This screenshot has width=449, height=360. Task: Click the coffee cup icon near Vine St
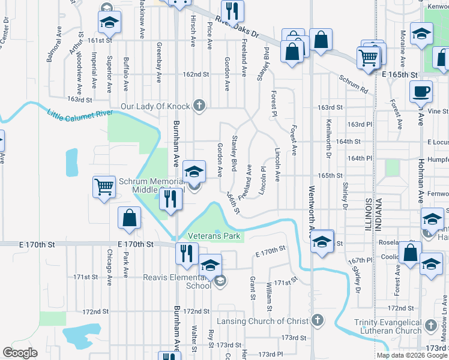(421, 92)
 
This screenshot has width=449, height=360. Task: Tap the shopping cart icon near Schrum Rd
(368, 58)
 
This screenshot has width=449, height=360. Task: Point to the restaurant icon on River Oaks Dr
(231, 10)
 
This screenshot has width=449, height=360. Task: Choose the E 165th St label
(399, 74)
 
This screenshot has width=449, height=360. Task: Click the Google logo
(20, 352)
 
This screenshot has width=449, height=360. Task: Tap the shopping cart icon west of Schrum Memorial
(104, 187)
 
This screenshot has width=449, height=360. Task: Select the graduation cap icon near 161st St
(110, 23)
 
